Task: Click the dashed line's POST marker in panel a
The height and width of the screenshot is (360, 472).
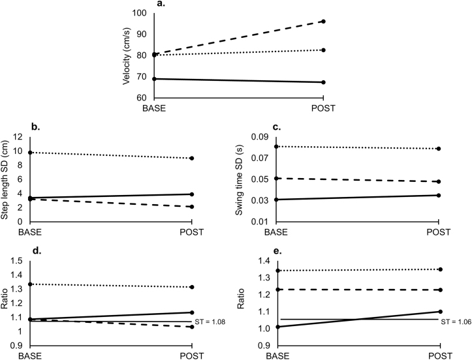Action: point(323,22)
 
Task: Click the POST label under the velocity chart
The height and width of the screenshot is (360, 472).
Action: point(323,108)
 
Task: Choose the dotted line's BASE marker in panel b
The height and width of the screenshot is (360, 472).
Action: point(30,152)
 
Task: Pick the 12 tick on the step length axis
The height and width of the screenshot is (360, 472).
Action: point(18,138)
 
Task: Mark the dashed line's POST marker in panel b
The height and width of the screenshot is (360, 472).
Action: point(192,207)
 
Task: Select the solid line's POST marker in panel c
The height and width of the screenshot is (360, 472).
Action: point(439,195)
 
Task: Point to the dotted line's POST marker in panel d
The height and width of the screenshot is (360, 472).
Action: point(192,287)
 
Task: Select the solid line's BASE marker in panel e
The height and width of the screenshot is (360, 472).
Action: point(277,327)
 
